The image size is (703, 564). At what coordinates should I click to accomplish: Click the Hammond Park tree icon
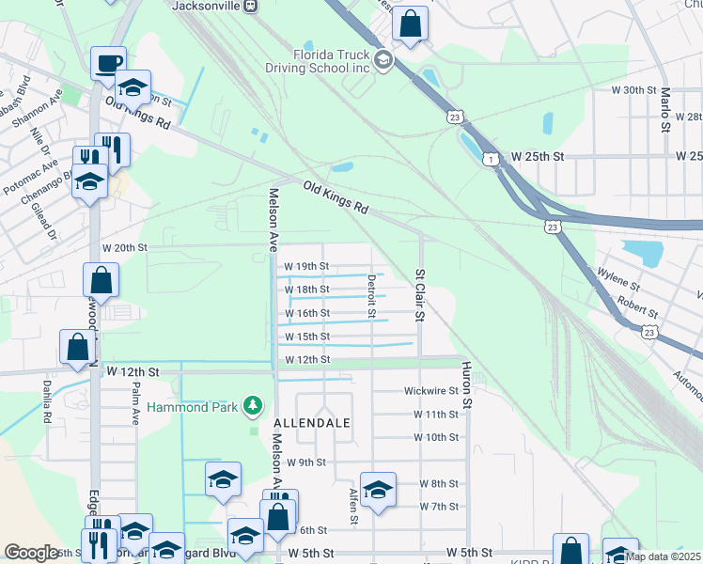coord(252,406)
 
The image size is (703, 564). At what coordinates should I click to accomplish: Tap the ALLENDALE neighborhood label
coord(312,423)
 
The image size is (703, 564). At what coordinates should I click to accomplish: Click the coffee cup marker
coord(108,63)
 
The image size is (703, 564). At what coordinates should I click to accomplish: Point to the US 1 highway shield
coord(489,160)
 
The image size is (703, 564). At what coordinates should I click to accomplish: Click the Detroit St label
coord(371,295)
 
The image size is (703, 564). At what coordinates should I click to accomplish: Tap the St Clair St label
coord(420,295)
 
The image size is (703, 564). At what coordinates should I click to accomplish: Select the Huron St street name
coord(465,388)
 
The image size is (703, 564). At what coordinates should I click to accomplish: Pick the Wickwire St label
coord(430,390)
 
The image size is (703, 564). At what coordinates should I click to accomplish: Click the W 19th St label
coord(306,267)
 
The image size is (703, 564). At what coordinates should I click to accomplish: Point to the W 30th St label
coord(632,89)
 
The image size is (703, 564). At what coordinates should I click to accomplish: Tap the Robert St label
coord(636,303)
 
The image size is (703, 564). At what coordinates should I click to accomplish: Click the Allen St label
coord(353,507)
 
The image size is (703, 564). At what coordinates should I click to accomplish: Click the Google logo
coord(31,553)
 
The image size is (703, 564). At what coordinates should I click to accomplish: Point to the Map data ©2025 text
coord(663,556)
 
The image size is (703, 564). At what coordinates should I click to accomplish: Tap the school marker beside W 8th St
coord(378,489)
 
